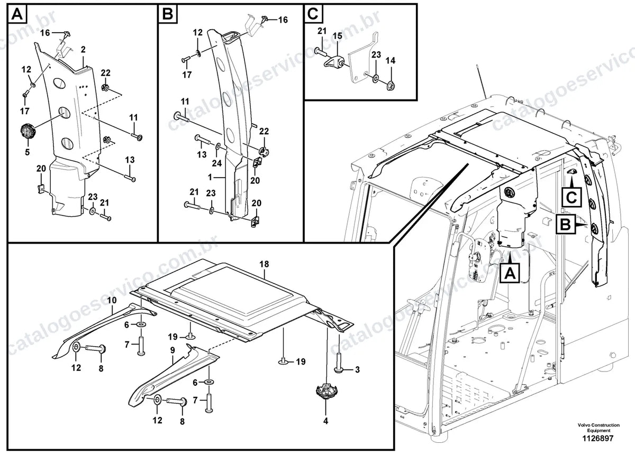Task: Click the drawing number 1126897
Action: tap(598, 439)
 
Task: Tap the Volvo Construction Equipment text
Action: tap(598, 428)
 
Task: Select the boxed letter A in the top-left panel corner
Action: tap(17, 14)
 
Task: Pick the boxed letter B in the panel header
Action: tap(168, 14)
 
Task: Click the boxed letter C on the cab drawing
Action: tap(571, 197)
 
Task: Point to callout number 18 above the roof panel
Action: tap(264, 264)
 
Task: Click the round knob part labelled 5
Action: tap(28, 132)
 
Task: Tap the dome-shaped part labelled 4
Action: tap(326, 391)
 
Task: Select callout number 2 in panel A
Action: tap(83, 50)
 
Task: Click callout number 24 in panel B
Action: tap(217, 163)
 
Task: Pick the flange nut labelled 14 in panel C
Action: tap(391, 85)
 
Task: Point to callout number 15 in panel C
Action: tap(338, 36)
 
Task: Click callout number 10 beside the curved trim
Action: tap(112, 300)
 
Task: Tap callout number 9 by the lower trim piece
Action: tap(173, 350)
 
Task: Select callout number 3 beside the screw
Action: tap(358, 369)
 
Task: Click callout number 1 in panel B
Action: tap(210, 177)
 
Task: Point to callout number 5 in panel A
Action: tap(27, 152)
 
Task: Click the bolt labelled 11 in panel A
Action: tap(137, 137)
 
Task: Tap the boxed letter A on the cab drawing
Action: tap(510, 273)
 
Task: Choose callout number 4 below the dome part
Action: tap(326, 421)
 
